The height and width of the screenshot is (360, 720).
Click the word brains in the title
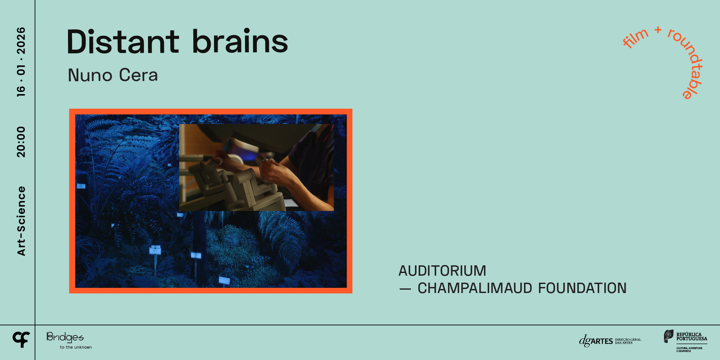[x=240, y=42]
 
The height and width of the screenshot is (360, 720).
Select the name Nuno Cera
[x=113, y=75]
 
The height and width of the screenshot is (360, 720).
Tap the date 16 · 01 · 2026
[x=21, y=62]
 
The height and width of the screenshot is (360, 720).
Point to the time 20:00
[x=21, y=142]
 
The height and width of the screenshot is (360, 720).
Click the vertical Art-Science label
[x=21, y=221]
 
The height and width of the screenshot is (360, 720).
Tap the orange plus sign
[x=658, y=30]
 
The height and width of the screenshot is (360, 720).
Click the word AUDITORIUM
[x=442, y=271]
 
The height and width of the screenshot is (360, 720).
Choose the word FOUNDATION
[x=582, y=288]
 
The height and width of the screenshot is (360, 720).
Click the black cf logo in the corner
[x=21, y=339]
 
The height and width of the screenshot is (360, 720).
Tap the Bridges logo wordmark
[x=65, y=337]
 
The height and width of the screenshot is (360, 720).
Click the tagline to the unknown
[x=76, y=347]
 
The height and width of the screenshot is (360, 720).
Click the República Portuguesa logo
[x=685, y=340]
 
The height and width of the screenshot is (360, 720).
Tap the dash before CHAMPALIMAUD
[x=405, y=289]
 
